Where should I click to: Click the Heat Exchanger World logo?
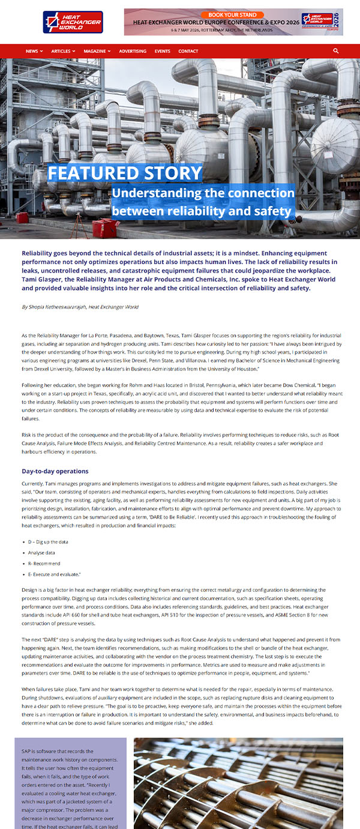click(x=73, y=22)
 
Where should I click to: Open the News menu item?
click(x=34, y=51)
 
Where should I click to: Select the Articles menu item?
click(x=63, y=51)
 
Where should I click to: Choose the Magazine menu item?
click(x=97, y=51)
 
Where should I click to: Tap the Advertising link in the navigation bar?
click(x=133, y=51)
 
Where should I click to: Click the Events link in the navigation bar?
click(x=162, y=51)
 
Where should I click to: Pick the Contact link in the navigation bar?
click(x=188, y=51)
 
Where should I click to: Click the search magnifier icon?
click(x=336, y=51)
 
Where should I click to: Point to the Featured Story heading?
click(x=125, y=173)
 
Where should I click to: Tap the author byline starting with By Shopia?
click(x=80, y=307)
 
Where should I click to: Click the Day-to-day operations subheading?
click(x=55, y=471)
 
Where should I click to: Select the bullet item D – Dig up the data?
click(x=48, y=541)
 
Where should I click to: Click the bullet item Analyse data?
click(x=41, y=552)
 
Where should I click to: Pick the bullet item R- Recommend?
click(x=44, y=564)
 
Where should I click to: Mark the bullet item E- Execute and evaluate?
click(x=53, y=574)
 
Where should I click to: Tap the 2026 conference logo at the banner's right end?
click(x=321, y=22)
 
